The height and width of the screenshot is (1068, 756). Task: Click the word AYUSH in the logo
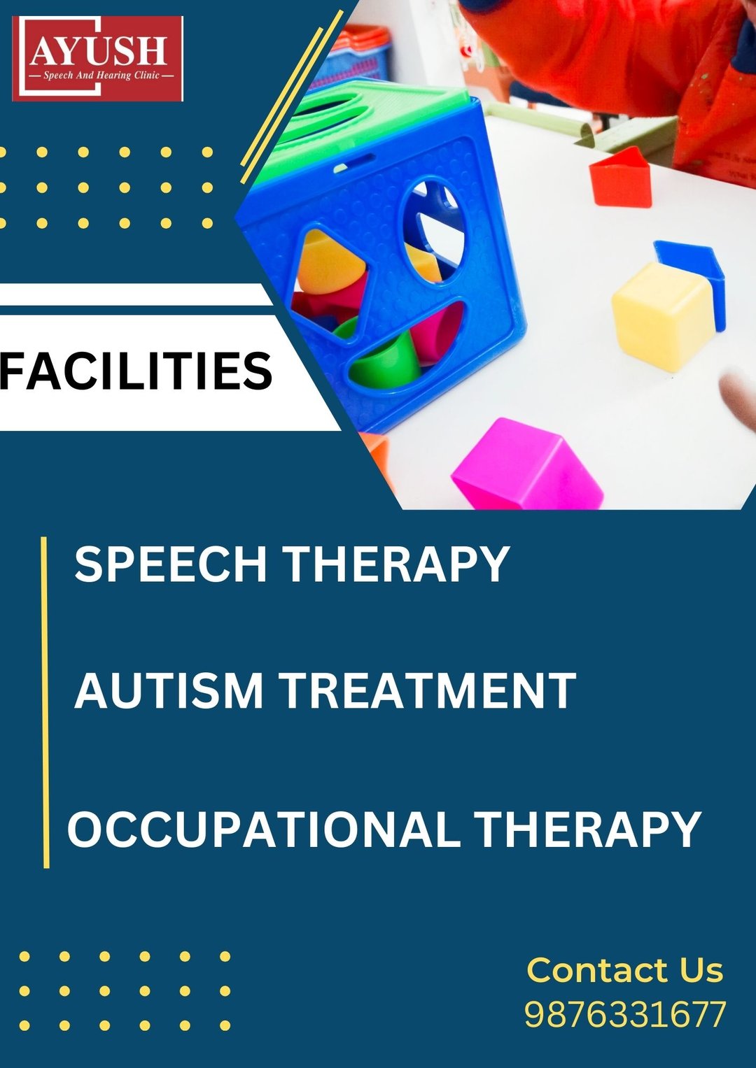click(x=98, y=51)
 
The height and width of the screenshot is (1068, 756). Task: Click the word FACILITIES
click(x=136, y=371)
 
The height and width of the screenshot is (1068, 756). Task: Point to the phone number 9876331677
click(x=625, y=1015)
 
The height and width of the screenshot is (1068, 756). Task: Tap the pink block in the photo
click(x=527, y=464)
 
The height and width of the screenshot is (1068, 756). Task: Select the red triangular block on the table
click(x=620, y=178)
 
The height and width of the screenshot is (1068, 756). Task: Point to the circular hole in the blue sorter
click(x=433, y=228)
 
